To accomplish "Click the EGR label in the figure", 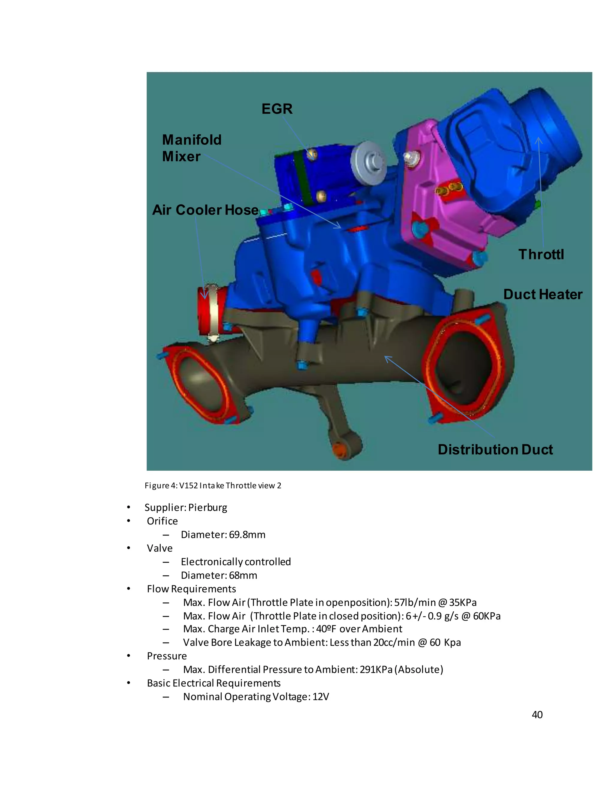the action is tap(277, 109).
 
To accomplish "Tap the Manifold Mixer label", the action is tap(191, 148).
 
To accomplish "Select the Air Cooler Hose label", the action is tap(205, 210).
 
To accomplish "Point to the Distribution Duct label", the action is tap(495, 450).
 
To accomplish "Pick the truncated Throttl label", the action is tap(541, 254).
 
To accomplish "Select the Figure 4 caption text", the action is tap(213, 486).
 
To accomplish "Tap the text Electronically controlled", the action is tap(236, 562).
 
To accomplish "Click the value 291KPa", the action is tap(376, 669).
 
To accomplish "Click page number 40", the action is tap(537, 715).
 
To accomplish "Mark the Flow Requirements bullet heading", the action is tap(191, 589).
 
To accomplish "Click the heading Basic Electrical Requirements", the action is tap(213, 683).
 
